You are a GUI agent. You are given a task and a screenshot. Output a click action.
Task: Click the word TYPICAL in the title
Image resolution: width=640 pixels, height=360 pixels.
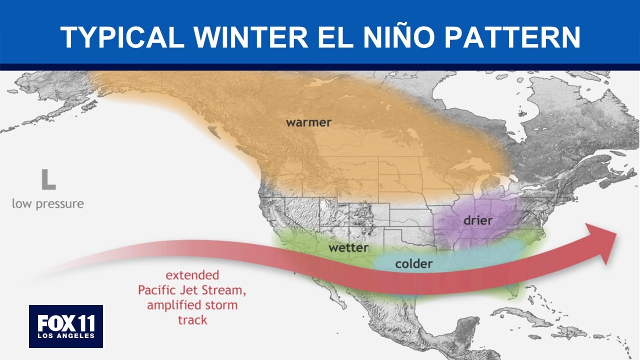(x=122, y=37)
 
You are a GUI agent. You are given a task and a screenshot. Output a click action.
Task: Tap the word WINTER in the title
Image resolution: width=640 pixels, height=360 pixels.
(x=251, y=37)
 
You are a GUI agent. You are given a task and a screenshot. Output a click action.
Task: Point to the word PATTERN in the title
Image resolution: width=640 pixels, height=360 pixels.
(x=512, y=37)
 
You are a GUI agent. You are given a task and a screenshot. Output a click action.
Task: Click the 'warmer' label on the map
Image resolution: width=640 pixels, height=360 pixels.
(x=308, y=122)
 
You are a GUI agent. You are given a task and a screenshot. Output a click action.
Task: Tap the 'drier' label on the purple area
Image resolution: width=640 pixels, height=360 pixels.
(x=478, y=220)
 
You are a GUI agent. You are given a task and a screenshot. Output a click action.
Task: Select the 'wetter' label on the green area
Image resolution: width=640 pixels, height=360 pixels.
(x=348, y=247)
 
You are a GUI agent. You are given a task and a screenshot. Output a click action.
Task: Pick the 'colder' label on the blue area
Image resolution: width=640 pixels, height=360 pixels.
(x=413, y=263)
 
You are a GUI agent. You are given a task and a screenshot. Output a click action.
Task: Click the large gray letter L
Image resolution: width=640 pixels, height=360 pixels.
(x=48, y=179)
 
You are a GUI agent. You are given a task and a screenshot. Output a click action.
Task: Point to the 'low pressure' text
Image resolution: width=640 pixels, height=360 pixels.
(x=48, y=204)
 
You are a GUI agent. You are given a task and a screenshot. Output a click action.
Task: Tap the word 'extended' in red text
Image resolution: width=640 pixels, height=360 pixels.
(x=192, y=275)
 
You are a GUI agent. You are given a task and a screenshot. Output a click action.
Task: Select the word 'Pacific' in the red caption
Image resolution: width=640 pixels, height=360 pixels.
(x=156, y=290)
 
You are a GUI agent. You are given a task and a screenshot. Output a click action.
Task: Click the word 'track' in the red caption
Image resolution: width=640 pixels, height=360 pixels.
(x=192, y=319)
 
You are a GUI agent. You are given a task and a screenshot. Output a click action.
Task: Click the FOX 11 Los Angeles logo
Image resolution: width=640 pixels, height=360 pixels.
(x=66, y=326)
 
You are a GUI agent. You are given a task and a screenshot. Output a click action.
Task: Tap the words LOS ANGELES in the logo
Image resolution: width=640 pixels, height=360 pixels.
(x=66, y=335)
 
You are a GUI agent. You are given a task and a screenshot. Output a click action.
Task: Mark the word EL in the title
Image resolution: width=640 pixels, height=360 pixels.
(x=335, y=37)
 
